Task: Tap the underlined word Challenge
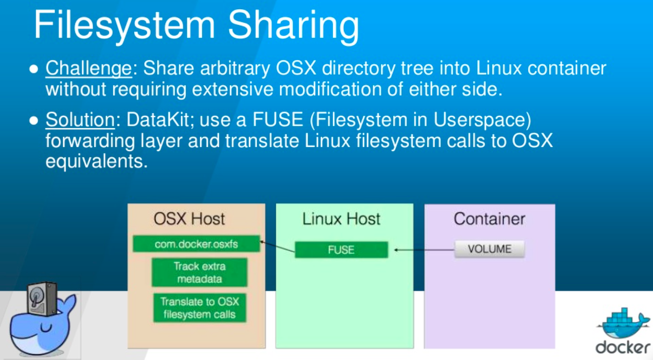[x=88, y=69]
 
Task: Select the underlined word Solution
[x=80, y=120]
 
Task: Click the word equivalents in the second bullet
[x=96, y=161]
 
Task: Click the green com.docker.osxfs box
[x=196, y=244]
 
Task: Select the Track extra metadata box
[x=199, y=273]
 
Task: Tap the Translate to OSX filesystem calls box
[x=199, y=308]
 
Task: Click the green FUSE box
[x=341, y=250]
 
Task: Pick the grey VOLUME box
[x=489, y=249]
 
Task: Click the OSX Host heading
[x=189, y=219]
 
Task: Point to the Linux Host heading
[x=341, y=219]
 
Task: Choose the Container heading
[x=489, y=219]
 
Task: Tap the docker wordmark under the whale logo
[x=622, y=347]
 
